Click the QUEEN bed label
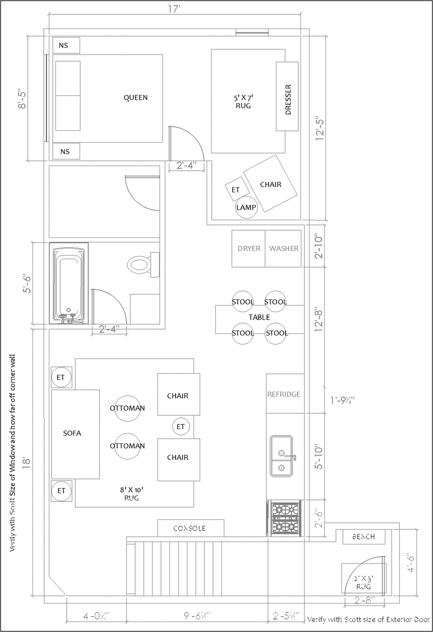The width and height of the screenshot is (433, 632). [x=136, y=98]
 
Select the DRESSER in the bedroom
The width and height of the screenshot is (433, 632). [x=288, y=97]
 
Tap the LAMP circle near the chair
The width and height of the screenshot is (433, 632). [x=246, y=207]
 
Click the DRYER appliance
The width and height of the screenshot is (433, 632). [x=249, y=249]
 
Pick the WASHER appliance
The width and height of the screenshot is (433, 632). [x=284, y=249]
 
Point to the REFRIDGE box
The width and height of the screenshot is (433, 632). [x=284, y=394]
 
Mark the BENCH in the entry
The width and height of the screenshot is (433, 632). [x=364, y=537]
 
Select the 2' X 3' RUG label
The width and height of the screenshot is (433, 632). [x=364, y=583]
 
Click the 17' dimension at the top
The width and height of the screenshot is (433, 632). [x=174, y=9]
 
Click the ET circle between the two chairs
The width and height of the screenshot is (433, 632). [x=181, y=427]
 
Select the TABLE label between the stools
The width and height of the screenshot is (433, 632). [x=259, y=318]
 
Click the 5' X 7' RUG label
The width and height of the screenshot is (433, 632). [x=243, y=102]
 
